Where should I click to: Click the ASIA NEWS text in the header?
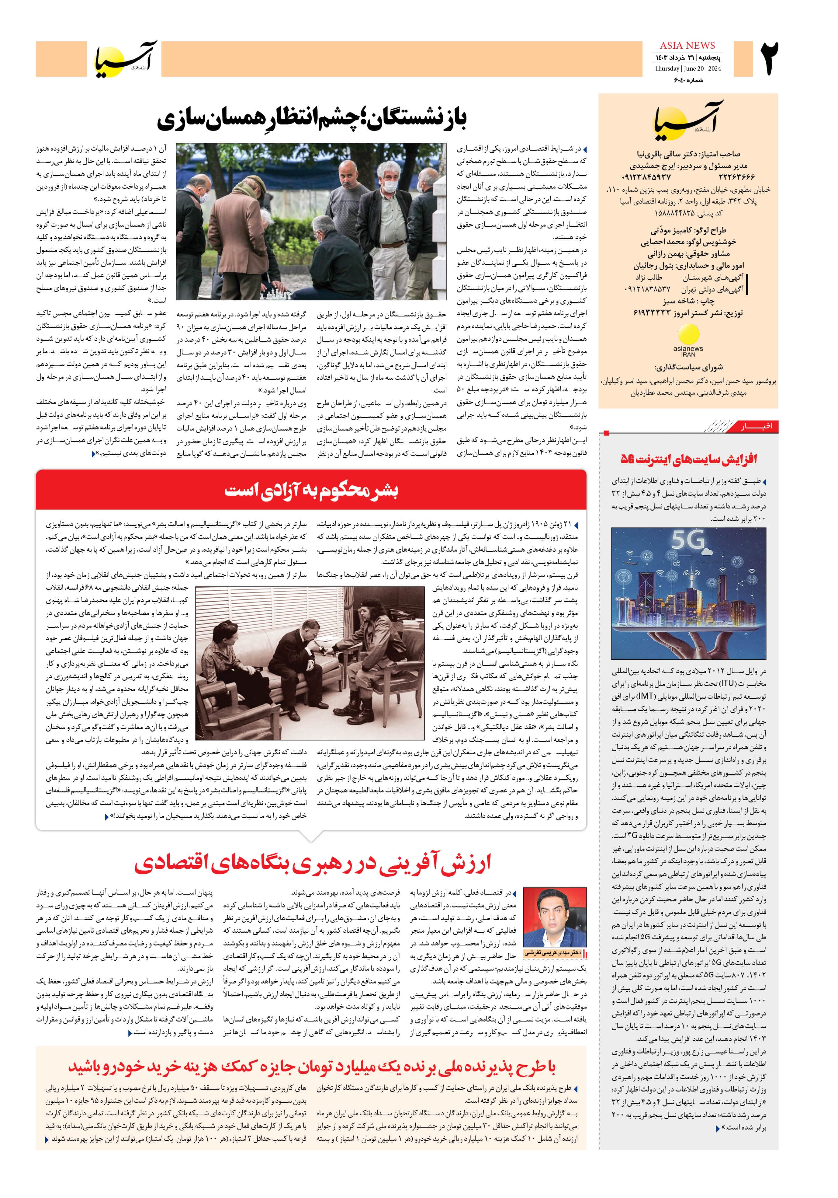tap(687, 45)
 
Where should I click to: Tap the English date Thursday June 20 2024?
tap(687, 68)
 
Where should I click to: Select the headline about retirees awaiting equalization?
tap(312, 118)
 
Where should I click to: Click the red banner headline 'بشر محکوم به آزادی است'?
tap(311, 491)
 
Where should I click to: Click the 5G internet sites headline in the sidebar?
tap(688, 459)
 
